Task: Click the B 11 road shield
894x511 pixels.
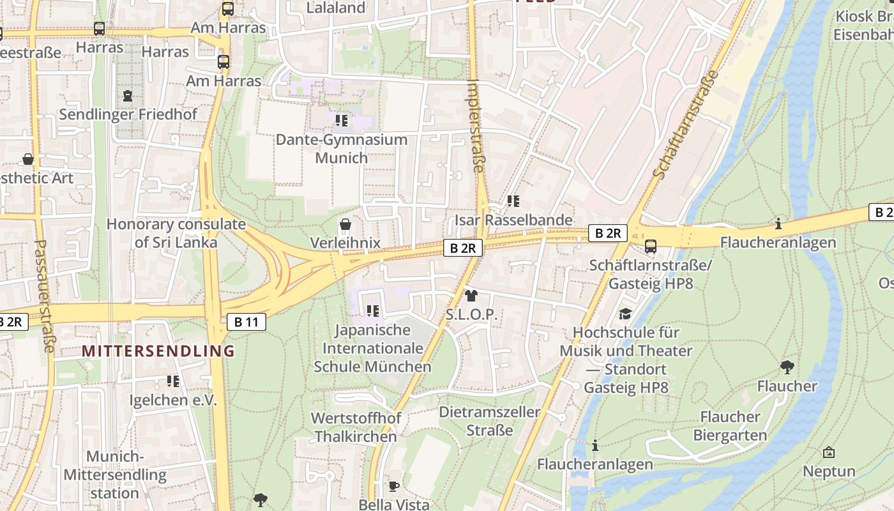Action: pos(246,322)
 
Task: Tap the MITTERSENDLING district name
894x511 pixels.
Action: pos(158,351)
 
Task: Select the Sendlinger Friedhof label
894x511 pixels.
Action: pos(128,114)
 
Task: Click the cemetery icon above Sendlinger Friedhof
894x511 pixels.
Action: pos(128,96)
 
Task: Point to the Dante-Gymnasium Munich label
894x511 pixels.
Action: pos(341,148)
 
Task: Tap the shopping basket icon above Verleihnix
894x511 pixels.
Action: pos(345,224)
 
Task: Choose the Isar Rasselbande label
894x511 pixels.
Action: pos(513,220)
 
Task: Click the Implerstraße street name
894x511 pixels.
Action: pos(476,126)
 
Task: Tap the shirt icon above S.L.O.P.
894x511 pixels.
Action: pos(471,295)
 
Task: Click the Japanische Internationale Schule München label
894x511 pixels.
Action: pos(372,348)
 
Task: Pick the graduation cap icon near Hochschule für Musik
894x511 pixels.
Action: pos(625,314)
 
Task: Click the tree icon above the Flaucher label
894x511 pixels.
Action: pos(787,367)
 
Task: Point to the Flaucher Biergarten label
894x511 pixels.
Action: pos(730,426)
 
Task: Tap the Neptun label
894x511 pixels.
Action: pos(829,471)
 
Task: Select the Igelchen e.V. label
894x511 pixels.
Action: pos(173,400)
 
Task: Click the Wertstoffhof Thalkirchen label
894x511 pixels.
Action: pos(356,427)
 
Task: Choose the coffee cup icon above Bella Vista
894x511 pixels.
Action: pos(394,486)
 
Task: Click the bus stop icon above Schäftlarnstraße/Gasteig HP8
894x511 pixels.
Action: pos(651,247)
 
